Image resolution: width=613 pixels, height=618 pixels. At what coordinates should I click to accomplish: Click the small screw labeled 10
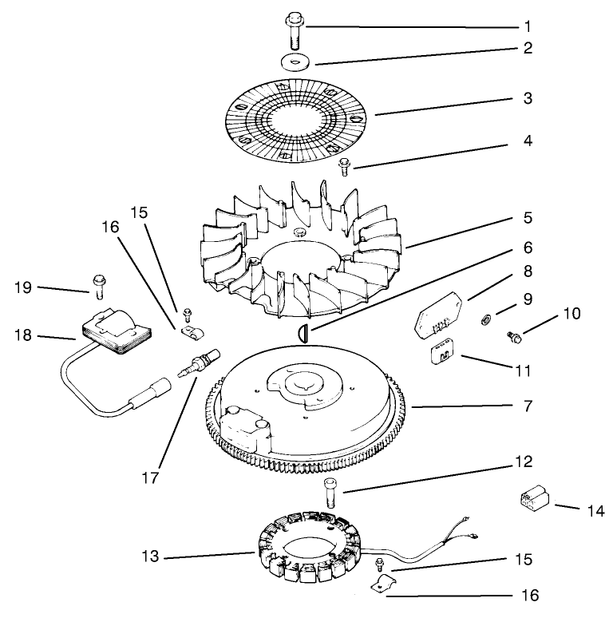[x=515, y=339]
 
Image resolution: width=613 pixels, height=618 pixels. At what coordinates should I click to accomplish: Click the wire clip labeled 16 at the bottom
[x=385, y=585]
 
